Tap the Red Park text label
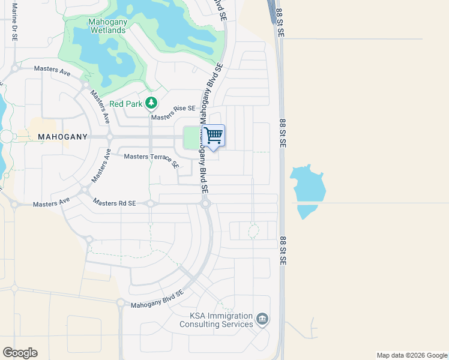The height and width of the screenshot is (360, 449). point(125,104)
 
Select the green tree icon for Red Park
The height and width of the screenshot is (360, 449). point(151,103)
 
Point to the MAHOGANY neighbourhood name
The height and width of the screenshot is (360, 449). point(63,137)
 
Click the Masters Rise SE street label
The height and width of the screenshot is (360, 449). point(174,109)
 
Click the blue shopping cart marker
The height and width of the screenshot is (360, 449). point(213,136)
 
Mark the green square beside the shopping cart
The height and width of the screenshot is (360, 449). point(192,139)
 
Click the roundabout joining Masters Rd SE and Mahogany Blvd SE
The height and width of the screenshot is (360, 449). point(205,204)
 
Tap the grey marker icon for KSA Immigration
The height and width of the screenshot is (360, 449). point(262,319)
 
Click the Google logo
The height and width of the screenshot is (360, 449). point(20,352)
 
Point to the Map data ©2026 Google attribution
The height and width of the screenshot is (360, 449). point(411,355)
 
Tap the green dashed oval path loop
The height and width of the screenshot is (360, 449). point(253,230)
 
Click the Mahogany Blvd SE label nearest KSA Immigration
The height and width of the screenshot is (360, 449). point(157,300)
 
